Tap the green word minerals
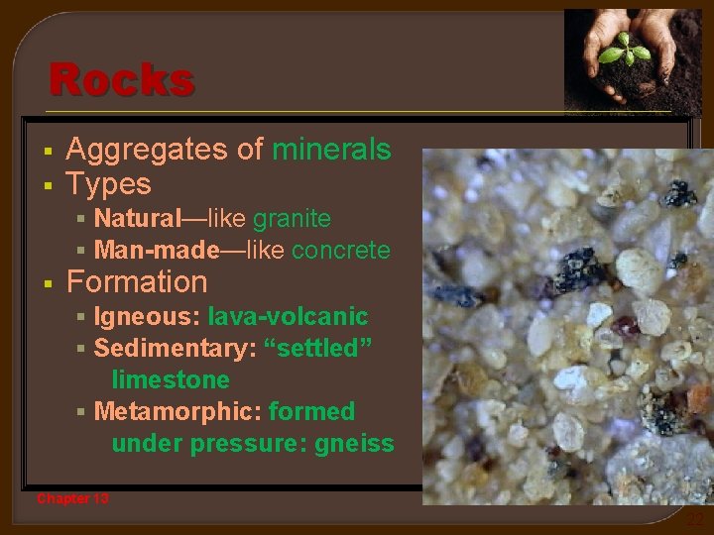pos(331,150)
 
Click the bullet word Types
pos(108,184)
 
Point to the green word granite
pos(292,218)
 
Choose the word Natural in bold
pos(137,218)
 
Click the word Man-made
pos(156,251)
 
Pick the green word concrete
pos(340,251)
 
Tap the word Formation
pos(137,282)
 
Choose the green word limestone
pos(171,379)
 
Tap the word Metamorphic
pos(174,411)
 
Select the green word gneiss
pos(354,443)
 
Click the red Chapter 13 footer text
pos(72,498)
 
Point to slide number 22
pos(695,518)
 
